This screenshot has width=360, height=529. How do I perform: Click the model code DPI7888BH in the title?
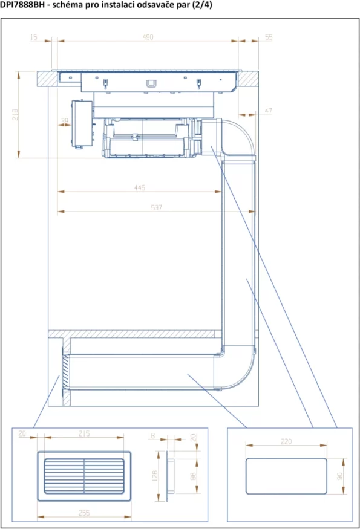tap(22, 5)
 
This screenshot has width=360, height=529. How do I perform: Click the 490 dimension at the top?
tap(148, 37)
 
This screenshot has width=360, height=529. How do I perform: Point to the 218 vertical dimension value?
tap(15, 114)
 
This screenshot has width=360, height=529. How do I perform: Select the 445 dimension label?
tap(140, 187)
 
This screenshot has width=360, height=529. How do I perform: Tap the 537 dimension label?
tap(156, 207)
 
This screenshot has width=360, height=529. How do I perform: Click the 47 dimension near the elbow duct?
tap(268, 111)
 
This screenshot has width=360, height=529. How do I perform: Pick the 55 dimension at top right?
tap(269, 37)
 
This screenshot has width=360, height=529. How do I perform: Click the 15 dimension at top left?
tap(33, 37)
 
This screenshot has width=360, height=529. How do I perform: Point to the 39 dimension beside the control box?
tap(65, 120)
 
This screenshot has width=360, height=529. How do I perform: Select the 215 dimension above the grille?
tap(84, 433)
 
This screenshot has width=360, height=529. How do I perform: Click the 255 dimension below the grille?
tap(84, 513)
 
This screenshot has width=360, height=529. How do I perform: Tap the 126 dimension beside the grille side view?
tap(155, 476)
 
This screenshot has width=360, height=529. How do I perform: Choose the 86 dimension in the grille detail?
tap(193, 476)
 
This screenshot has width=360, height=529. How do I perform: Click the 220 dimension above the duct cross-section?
tap(286, 441)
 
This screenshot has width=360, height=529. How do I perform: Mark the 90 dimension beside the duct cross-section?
tap(340, 476)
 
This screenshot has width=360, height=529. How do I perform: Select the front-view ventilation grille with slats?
tap(84, 476)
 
